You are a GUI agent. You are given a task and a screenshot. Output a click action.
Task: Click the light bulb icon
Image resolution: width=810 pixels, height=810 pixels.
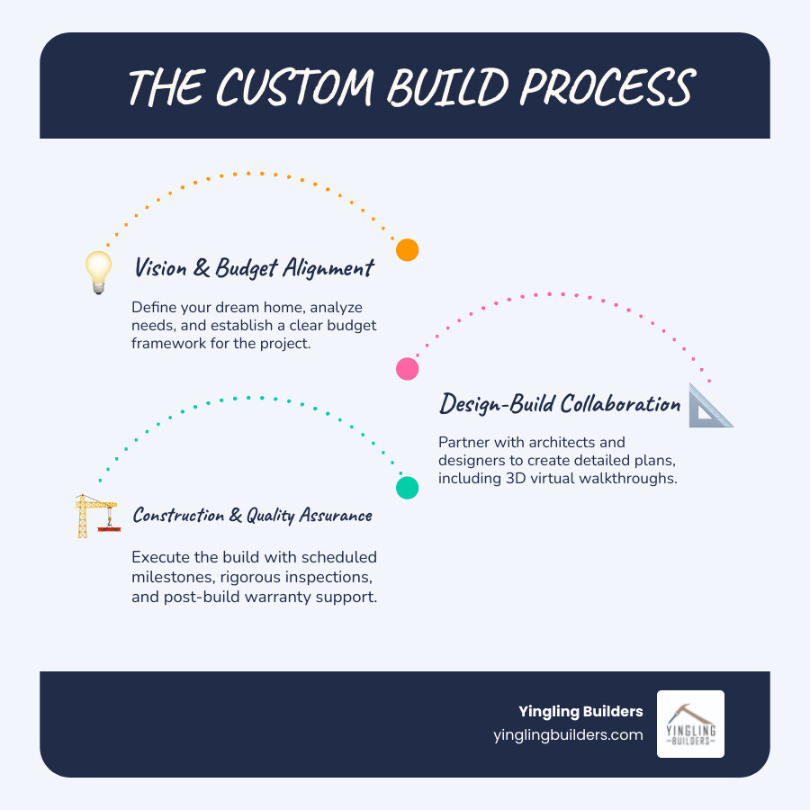point(98,273)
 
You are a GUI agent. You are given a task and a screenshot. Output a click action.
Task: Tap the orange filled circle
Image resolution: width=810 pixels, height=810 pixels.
point(407,250)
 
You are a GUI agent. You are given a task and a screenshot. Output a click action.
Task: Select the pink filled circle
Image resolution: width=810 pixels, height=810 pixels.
point(407,369)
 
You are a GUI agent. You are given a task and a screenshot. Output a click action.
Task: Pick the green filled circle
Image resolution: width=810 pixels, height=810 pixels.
point(407,488)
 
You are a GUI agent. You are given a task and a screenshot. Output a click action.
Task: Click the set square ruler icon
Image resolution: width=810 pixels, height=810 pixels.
point(710,406)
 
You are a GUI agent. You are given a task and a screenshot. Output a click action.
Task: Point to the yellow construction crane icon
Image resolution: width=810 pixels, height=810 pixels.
point(97,516)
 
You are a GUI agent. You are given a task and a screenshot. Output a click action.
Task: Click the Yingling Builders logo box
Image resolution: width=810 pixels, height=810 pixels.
point(690,724)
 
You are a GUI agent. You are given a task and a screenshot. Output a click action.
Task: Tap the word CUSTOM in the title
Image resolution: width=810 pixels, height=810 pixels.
point(295,87)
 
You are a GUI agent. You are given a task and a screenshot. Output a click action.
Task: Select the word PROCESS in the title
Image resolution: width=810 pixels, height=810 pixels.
point(607,86)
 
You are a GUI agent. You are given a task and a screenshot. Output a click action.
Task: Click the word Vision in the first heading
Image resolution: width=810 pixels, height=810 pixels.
point(161,267)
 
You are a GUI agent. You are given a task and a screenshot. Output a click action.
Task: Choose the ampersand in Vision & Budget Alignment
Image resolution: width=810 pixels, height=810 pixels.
point(202,268)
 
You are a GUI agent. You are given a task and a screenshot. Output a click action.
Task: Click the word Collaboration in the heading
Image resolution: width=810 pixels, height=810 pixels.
point(620,403)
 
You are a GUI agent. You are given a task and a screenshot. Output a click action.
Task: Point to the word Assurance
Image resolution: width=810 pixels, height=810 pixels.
point(336,515)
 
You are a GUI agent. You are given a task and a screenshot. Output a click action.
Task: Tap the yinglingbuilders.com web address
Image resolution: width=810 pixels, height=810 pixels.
point(568,734)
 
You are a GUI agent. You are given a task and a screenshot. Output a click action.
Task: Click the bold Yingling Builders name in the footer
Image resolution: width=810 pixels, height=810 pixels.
point(580,711)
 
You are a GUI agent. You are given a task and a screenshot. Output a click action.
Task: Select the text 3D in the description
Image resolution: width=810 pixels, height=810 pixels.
point(516,479)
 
